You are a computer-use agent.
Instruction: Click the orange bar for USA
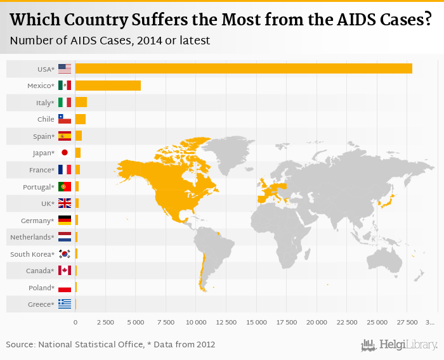244,68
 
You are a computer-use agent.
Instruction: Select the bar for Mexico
108,86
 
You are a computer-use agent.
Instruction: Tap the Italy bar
81,102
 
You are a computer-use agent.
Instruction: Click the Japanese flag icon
65,153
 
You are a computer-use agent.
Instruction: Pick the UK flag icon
65,203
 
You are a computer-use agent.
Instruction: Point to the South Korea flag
65,254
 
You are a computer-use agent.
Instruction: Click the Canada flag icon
65,271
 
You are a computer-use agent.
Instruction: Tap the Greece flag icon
65,304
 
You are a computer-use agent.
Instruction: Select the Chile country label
46,119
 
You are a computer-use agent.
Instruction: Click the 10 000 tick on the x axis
196,323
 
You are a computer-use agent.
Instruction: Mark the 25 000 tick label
377,323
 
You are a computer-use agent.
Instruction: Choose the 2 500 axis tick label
105,323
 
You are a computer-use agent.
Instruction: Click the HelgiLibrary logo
400,345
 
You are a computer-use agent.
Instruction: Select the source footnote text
110,345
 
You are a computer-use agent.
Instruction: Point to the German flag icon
65,221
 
